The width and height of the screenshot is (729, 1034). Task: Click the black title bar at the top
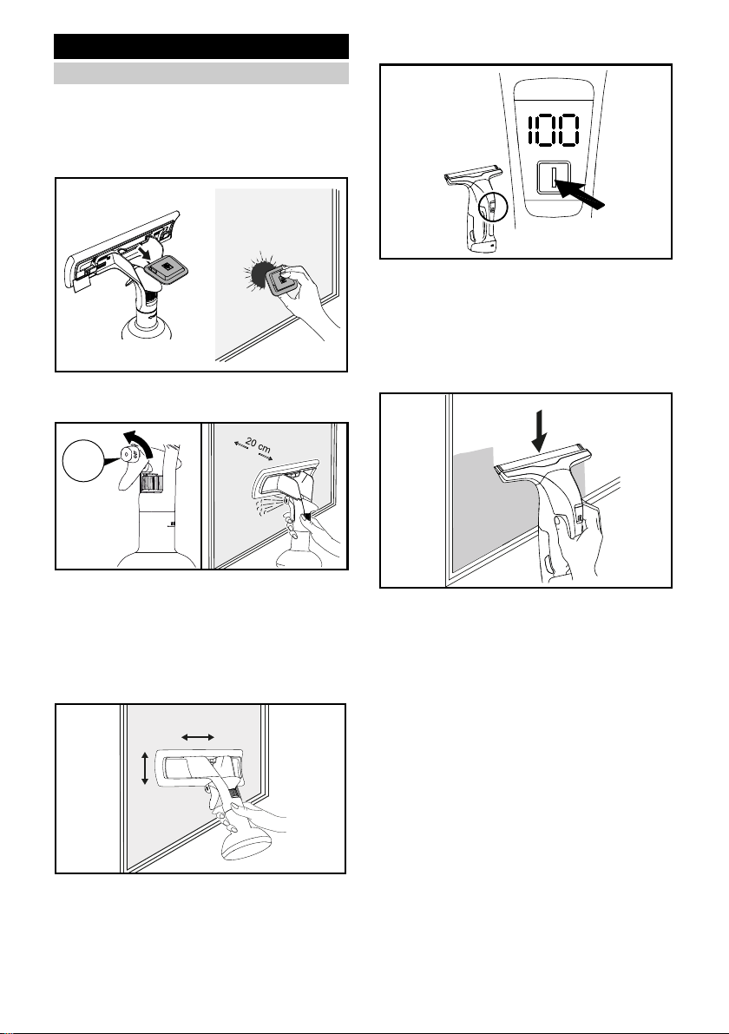[201, 47]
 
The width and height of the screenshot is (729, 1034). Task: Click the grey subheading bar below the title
[201, 74]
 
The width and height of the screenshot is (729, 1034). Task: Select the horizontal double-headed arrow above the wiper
[197, 736]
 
